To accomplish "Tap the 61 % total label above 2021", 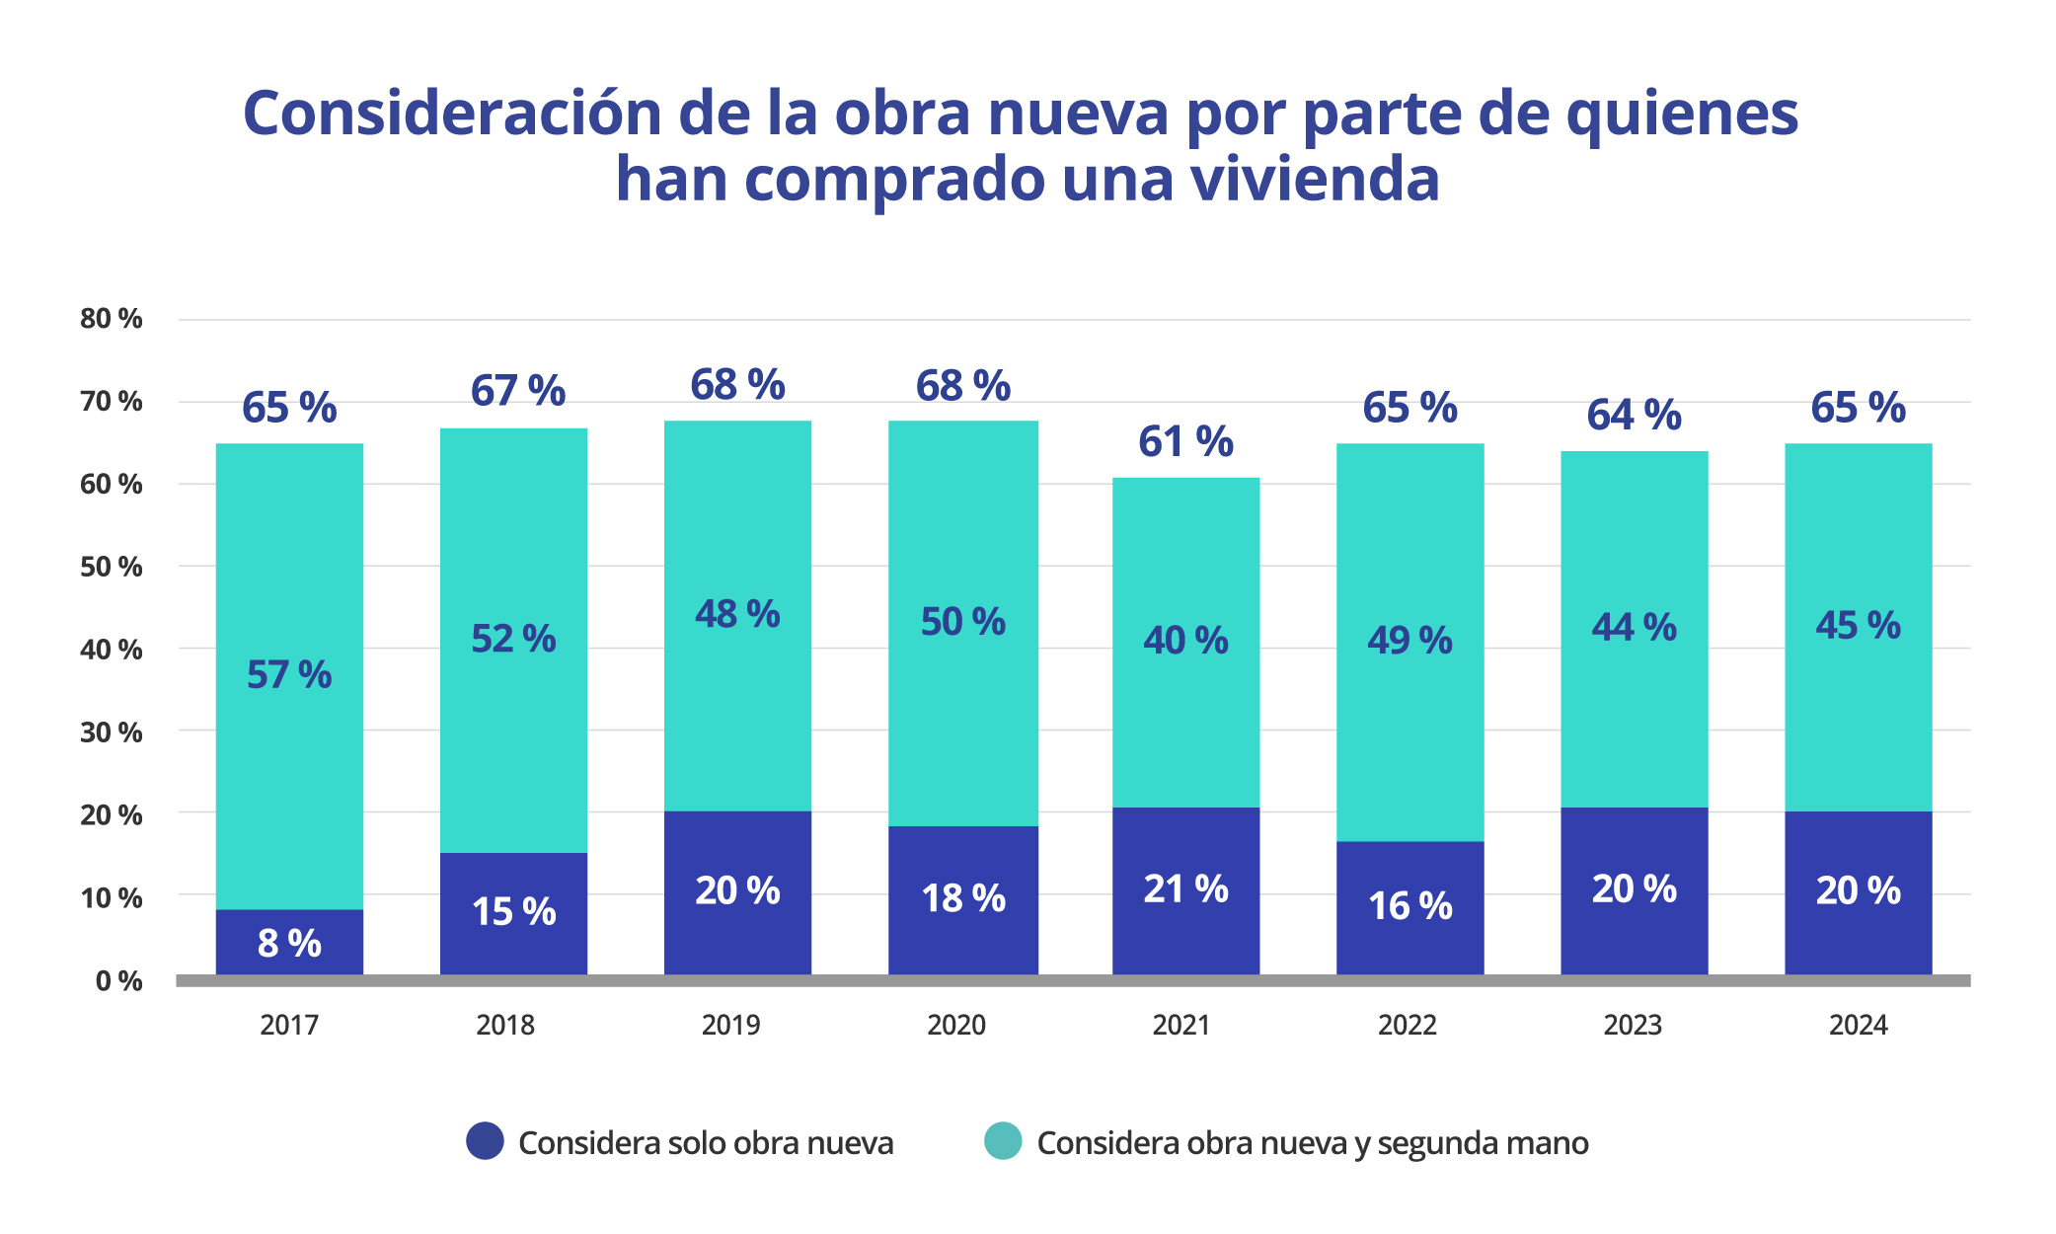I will click(x=1185, y=441).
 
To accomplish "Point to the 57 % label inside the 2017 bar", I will click(x=289, y=675).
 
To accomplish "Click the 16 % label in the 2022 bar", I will click(x=1409, y=905).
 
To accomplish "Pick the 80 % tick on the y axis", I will click(x=112, y=319).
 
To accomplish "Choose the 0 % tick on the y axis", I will click(x=118, y=980).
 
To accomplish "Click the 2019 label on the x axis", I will click(x=730, y=1025).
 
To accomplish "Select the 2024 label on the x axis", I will click(x=1858, y=1025).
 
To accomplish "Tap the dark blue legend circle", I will click(x=485, y=1141).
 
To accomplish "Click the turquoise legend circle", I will click(x=1003, y=1141).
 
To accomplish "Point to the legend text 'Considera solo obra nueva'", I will click(x=706, y=1143).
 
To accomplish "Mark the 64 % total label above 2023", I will click(x=1634, y=415).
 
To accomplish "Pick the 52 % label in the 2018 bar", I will click(x=513, y=639).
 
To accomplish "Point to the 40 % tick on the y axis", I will click(x=112, y=650).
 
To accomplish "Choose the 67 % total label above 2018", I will click(x=517, y=391).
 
